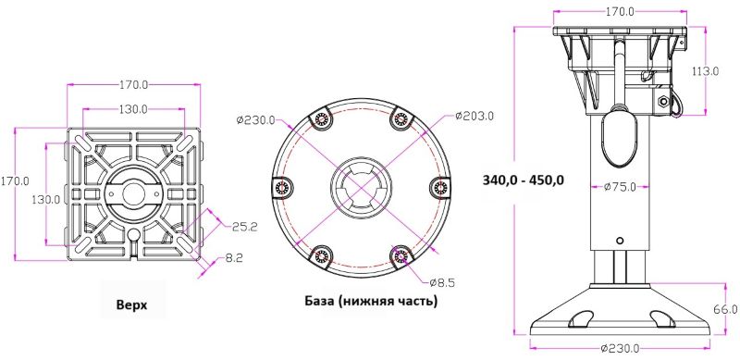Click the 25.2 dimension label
(245, 227)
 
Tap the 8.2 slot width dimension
(235, 258)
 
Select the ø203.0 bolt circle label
(475, 116)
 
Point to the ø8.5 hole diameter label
(442, 283)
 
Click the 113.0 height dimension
(705, 71)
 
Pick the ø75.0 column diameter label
(620, 187)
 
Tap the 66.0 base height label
(726, 309)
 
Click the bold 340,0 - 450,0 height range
(524, 180)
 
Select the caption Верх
(131, 304)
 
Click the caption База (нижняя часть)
(371, 301)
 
